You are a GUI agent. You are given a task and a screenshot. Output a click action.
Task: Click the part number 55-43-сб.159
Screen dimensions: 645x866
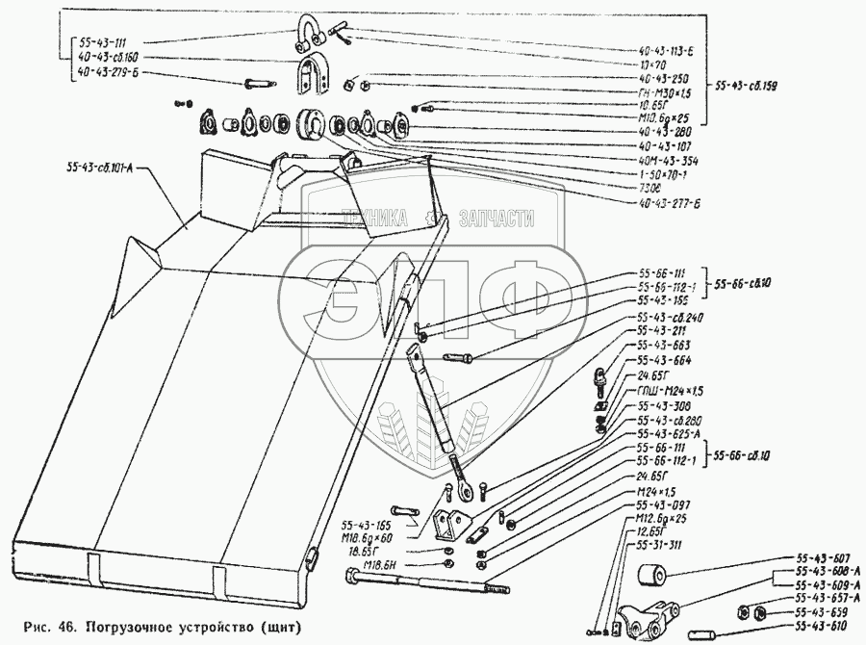coord(748,86)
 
